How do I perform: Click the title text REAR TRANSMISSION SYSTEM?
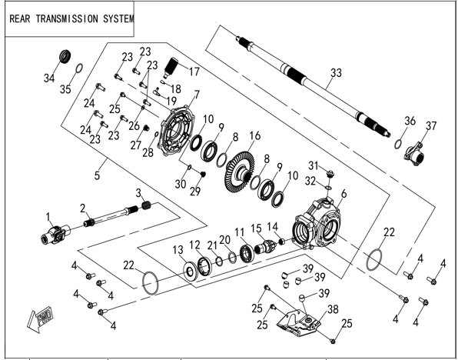click(x=71, y=18)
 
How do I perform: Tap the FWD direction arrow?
click(x=40, y=319)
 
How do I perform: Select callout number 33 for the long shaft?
click(x=336, y=72)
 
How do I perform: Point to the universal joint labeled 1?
click(x=55, y=234)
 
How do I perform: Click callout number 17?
click(x=194, y=71)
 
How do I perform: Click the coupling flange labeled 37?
click(x=415, y=153)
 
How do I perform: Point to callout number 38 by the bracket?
click(x=333, y=309)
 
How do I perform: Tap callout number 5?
click(x=97, y=175)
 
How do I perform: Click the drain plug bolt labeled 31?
click(x=330, y=174)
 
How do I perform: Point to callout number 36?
click(x=410, y=121)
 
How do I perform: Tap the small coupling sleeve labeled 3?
click(x=148, y=204)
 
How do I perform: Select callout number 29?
click(x=195, y=191)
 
